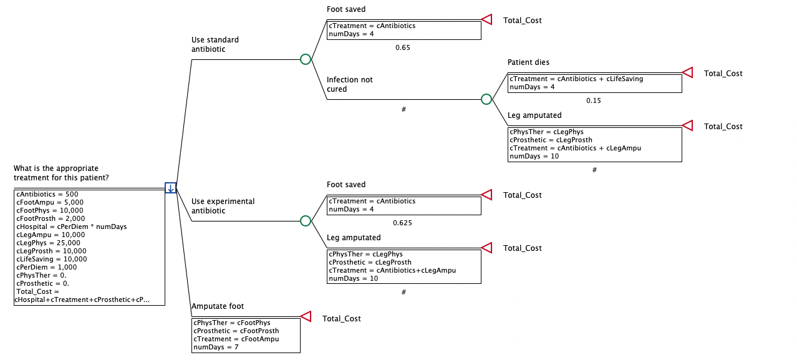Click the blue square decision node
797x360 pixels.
tap(170, 188)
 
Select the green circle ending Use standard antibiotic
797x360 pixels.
tap(306, 59)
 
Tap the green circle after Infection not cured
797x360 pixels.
tap(486, 99)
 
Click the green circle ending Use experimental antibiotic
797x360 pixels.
tap(306, 221)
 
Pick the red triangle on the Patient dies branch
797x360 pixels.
tap(687, 73)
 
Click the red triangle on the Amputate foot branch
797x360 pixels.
tap(306, 317)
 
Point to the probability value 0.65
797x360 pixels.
tap(403, 47)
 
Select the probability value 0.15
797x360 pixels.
tap(594, 100)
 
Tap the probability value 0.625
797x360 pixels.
tap(403, 223)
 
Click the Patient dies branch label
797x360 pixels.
tap(528, 62)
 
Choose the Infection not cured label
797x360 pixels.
tap(349, 84)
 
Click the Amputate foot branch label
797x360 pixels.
tap(218, 306)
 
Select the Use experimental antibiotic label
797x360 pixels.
tap(223, 206)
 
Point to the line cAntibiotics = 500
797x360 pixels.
tap(47, 194)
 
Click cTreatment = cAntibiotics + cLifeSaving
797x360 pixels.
tap(576, 79)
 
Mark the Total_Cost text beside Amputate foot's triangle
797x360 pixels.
tap(341, 319)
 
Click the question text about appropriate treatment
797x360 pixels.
tap(61, 173)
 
